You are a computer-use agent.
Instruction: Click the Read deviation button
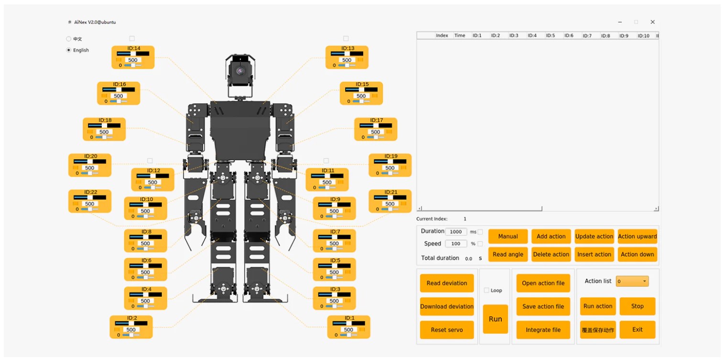click(x=447, y=283)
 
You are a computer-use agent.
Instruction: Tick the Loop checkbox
click(x=486, y=290)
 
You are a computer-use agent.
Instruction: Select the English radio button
click(x=68, y=50)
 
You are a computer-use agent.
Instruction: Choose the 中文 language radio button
click(x=68, y=39)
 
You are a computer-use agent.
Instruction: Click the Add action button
click(x=551, y=237)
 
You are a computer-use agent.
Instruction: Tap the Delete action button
click(x=551, y=254)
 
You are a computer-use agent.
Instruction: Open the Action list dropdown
click(x=632, y=281)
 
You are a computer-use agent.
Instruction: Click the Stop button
click(x=638, y=306)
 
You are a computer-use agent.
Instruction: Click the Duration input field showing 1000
click(x=456, y=231)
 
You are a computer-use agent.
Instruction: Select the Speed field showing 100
click(x=456, y=243)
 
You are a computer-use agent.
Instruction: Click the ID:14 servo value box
click(x=132, y=60)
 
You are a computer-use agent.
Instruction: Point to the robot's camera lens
click(x=240, y=71)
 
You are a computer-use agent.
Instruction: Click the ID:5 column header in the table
click(x=551, y=35)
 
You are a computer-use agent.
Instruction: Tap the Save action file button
click(x=543, y=306)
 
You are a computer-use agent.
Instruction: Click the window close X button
click(x=653, y=22)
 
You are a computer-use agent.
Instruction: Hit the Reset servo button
click(x=447, y=330)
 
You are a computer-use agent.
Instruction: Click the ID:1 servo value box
click(x=348, y=329)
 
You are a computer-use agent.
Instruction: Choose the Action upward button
click(x=638, y=237)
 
